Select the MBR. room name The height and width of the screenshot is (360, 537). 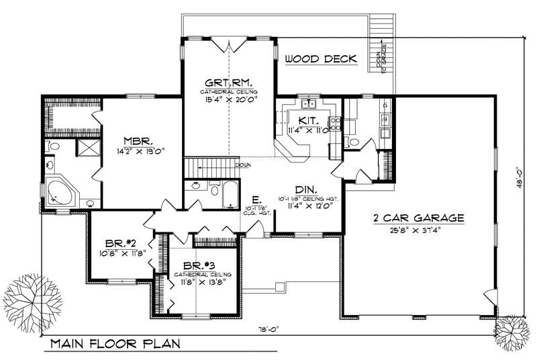tap(137, 141)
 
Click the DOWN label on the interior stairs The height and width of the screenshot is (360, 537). tap(243, 164)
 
